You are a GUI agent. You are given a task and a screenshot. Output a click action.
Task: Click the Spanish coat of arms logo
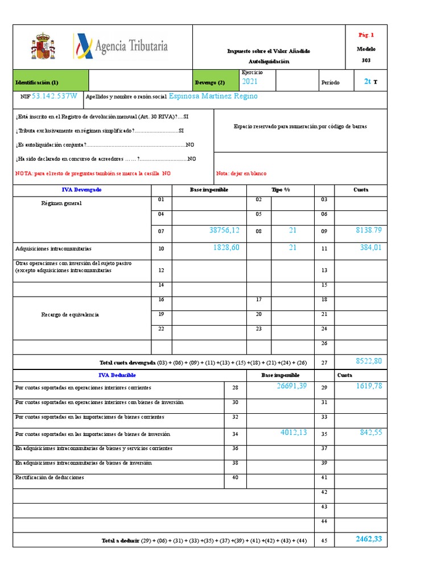(x=42, y=47)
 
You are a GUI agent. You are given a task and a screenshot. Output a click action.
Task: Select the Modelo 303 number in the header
(x=366, y=60)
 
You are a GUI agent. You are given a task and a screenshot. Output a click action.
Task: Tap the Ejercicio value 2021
(x=250, y=82)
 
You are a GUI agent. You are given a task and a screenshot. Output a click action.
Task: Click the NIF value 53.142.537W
(x=55, y=96)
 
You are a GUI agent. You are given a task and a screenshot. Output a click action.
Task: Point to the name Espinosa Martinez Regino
(x=213, y=96)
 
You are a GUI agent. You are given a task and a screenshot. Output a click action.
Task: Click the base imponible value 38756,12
(x=224, y=230)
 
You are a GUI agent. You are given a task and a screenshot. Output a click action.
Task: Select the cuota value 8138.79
(x=368, y=230)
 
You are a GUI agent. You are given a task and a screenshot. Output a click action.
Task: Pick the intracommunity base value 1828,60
(x=226, y=247)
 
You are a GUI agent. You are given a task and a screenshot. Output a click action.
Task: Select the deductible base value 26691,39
(x=292, y=386)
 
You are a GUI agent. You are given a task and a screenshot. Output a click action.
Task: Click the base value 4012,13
(x=294, y=433)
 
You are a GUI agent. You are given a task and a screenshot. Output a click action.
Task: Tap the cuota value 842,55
(x=370, y=433)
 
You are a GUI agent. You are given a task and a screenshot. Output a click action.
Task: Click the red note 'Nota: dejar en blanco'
(x=241, y=173)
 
